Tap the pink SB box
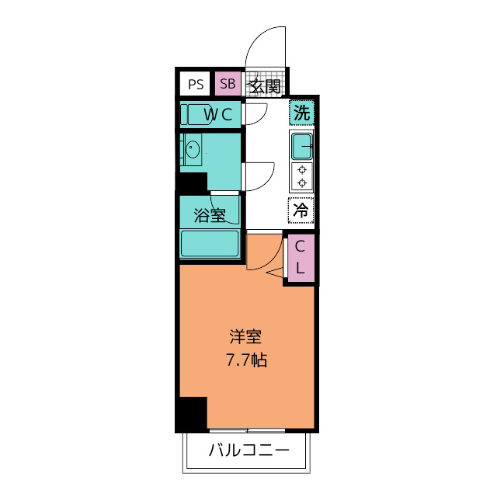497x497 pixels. pyautogui.click(x=227, y=84)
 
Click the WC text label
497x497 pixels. pyautogui.click(x=218, y=115)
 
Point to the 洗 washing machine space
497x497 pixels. pyautogui.click(x=301, y=112)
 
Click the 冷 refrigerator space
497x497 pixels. pyautogui.click(x=301, y=208)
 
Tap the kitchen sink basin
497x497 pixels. pyautogui.click(x=302, y=144)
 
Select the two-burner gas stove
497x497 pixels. pyautogui.click(x=301, y=176)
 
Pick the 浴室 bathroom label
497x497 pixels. pyautogui.click(x=209, y=215)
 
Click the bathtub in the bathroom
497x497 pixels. pyautogui.click(x=210, y=243)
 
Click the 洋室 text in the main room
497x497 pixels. pyautogui.click(x=245, y=337)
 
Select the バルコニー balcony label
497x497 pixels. pyautogui.click(x=248, y=450)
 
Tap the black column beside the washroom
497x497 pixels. pyautogui.click(x=193, y=184)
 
